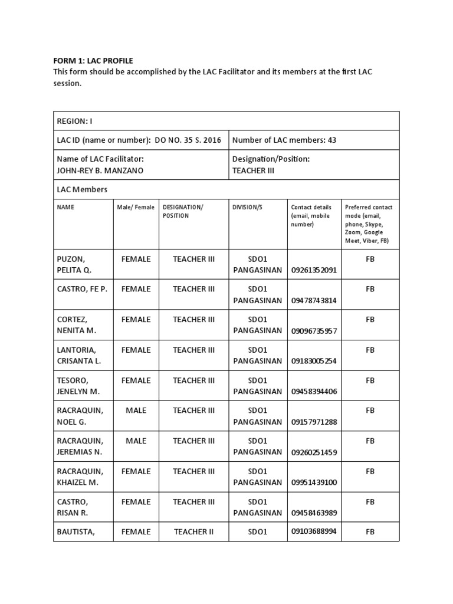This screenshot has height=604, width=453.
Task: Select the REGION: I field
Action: point(74,121)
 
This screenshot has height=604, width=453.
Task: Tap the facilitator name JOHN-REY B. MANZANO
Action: point(100,170)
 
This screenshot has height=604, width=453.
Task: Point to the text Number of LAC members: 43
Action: point(284,140)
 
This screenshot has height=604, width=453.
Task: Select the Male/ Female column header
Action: point(136,208)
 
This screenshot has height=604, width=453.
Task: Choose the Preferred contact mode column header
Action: point(369,224)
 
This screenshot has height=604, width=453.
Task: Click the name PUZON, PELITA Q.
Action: point(74,264)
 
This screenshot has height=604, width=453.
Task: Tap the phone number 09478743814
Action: point(313,300)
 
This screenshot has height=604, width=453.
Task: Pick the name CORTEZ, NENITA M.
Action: point(76,325)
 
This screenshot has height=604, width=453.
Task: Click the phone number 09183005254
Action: point(313,361)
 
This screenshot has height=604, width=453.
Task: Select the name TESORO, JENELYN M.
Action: point(78,386)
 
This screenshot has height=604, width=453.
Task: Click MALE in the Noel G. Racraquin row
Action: point(136,411)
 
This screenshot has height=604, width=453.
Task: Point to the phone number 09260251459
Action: point(313,452)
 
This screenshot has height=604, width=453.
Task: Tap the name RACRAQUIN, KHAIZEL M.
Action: point(80,477)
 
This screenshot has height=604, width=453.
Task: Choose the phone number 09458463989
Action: point(313,513)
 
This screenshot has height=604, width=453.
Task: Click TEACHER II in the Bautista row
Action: point(194,532)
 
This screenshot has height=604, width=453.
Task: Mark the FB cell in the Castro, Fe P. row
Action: point(370,289)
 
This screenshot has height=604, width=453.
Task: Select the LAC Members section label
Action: point(82,189)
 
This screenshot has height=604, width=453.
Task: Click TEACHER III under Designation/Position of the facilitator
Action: point(253,170)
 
